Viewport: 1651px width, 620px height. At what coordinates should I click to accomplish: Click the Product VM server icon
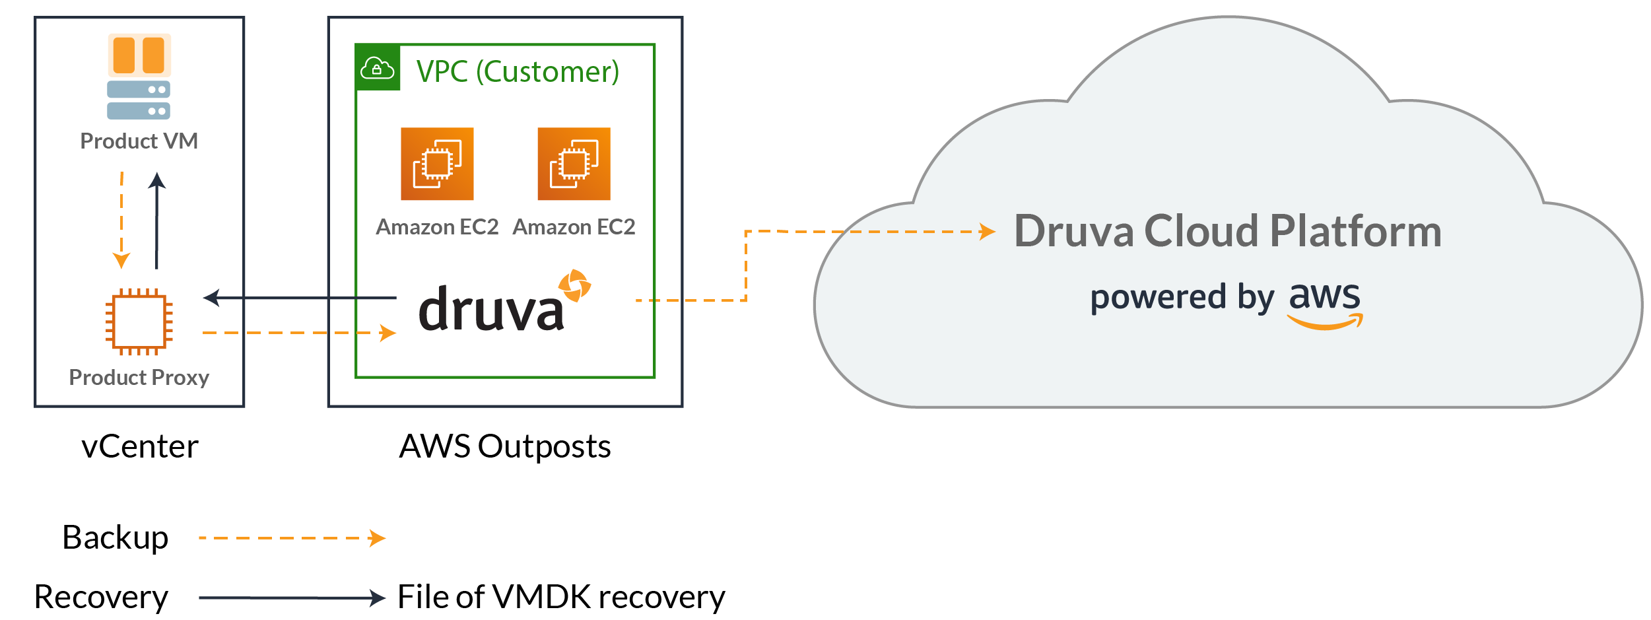click(139, 77)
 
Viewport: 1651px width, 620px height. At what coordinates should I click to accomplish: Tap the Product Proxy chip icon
click(139, 322)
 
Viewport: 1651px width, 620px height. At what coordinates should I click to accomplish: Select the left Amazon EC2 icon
click(437, 164)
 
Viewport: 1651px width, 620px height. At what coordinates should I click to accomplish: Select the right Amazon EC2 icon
click(574, 164)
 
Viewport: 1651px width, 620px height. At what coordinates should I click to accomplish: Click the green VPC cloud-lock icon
click(378, 67)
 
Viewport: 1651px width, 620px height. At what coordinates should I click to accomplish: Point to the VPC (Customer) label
click(518, 71)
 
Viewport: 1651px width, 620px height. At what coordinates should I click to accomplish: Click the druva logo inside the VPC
click(492, 309)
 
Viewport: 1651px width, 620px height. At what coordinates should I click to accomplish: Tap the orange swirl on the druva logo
click(574, 285)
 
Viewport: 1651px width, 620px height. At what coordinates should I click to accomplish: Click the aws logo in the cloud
click(1325, 302)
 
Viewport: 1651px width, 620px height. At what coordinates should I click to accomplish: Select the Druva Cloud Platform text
click(1228, 231)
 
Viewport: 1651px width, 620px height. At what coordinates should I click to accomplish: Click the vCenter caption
click(140, 446)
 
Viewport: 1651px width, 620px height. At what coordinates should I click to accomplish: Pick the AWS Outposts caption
click(505, 446)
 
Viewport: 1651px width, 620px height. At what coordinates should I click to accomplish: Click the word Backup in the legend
click(116, 537)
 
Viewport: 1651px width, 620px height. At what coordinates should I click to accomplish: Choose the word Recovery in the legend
click(101, 597)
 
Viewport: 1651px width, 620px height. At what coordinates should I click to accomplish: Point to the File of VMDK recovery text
click(561, 597)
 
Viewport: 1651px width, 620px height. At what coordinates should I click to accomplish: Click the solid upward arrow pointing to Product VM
click(156, 221)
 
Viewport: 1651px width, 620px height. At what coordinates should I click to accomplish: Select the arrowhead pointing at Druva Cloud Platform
click(987, 232)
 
